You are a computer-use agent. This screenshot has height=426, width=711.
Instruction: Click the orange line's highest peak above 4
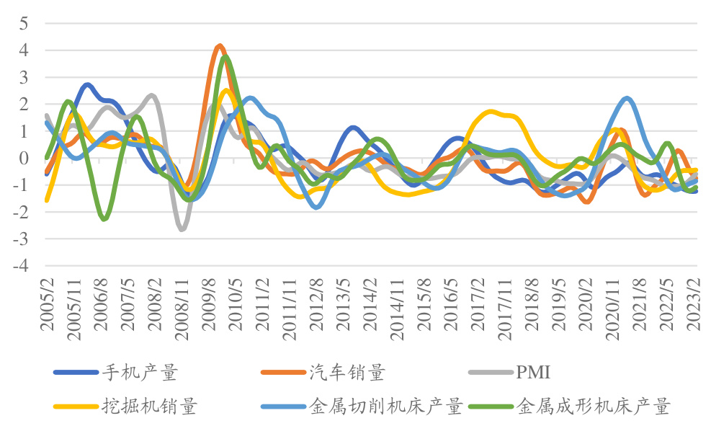220,45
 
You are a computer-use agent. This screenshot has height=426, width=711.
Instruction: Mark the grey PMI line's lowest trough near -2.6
181,228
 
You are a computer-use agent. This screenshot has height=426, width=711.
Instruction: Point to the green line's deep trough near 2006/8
104,218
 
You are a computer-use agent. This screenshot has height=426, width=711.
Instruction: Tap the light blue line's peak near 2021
627,98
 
